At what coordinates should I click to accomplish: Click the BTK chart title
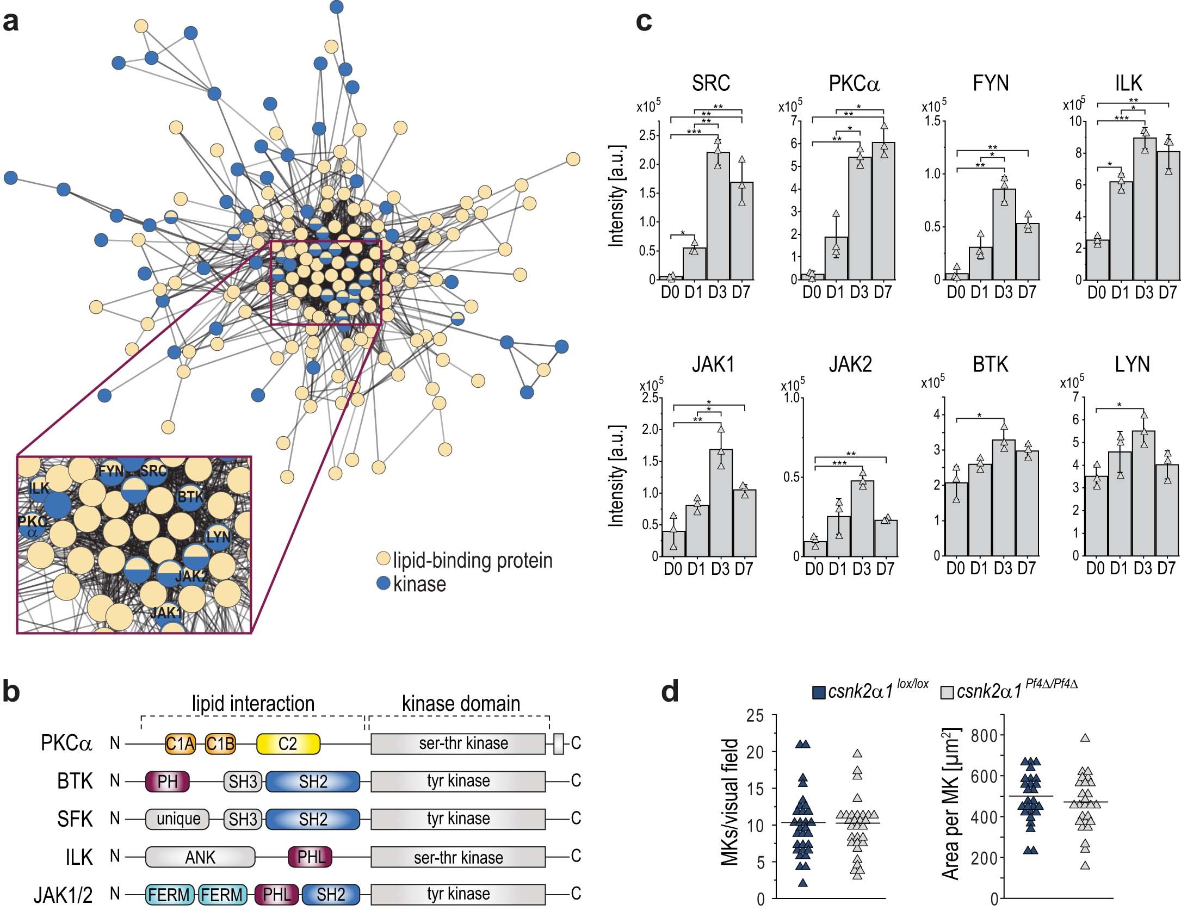pos(990,364)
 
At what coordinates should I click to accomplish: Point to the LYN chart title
pos(1132,364)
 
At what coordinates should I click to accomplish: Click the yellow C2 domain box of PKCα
pos(288,743)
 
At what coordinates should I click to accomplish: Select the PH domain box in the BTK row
pos(167,782)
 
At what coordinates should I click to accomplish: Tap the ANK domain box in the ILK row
pos(200,858)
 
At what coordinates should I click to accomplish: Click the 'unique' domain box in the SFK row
pos(178,819)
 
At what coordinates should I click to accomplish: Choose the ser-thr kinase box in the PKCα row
pos(458,743)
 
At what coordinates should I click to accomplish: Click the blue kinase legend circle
pos(384,584)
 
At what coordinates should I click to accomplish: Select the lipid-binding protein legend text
pos(472,560)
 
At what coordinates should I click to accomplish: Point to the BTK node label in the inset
pos(190,497)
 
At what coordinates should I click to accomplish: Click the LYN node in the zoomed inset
pos(218,537)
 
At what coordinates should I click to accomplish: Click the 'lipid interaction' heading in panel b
pos(253,704)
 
